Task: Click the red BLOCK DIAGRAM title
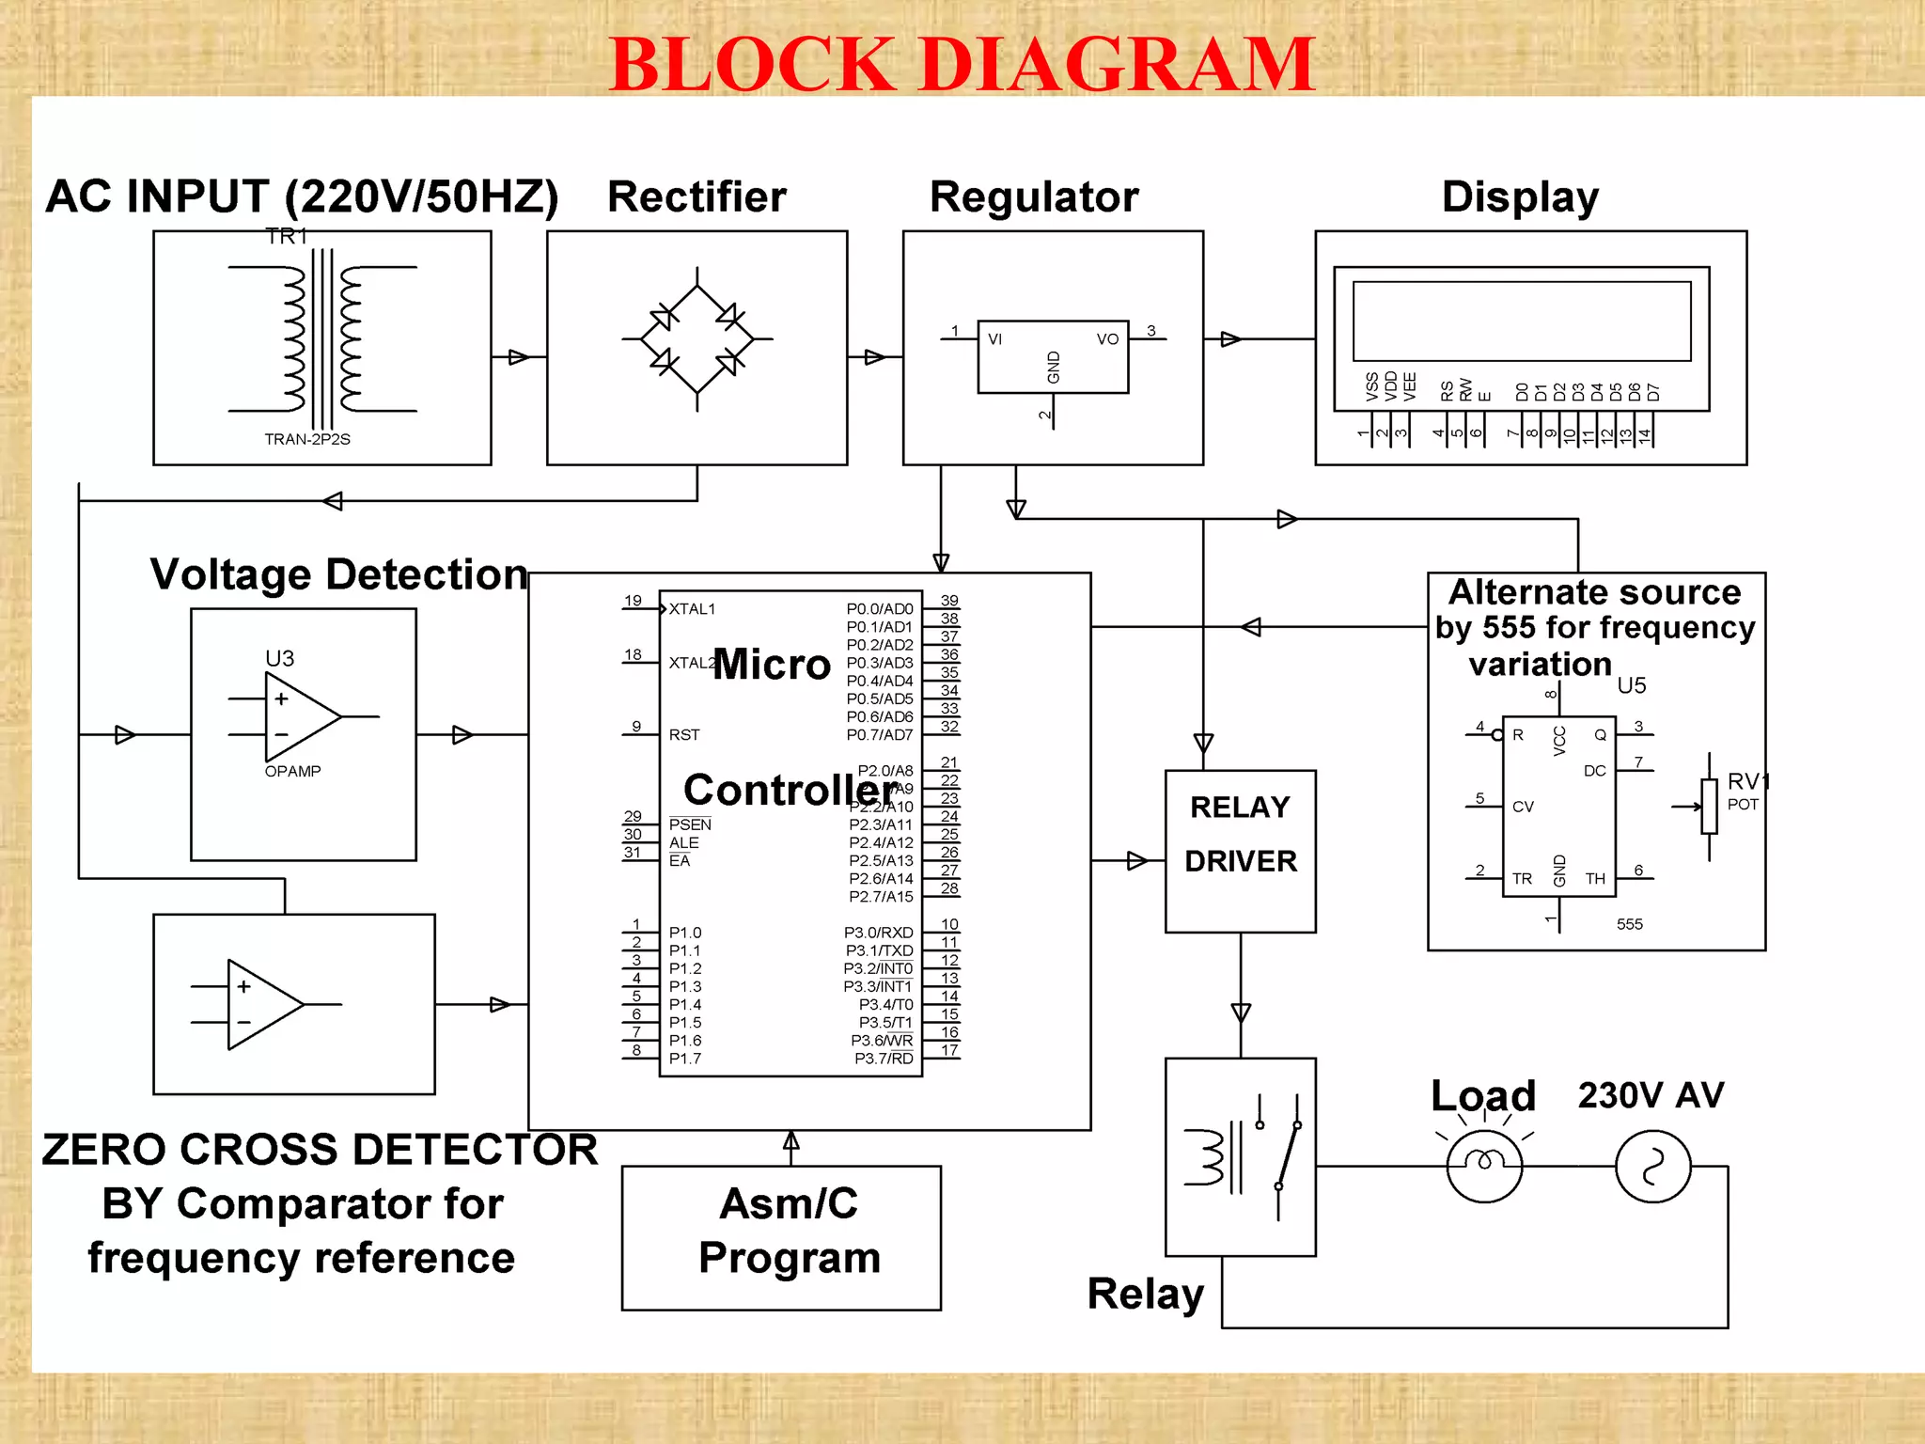coord(962,64)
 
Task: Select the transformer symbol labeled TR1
coord(322,339)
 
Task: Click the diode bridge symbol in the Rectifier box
coord(696,339)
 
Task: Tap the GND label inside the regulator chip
coord(1054,367)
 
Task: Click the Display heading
coord(1520,197)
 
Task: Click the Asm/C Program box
coord(781,1236)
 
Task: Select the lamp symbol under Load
coord(1484,1166)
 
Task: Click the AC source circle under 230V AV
coord(1652,1166)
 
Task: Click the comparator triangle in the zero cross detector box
coord(262,1004)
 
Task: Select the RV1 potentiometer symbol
coord(1709,806)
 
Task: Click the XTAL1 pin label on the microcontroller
coord(692,609)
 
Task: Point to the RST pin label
coord(684,735)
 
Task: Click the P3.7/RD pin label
coord(884,1059)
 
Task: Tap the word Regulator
coord(1034,197)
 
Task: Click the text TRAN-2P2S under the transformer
coord(307,439)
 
